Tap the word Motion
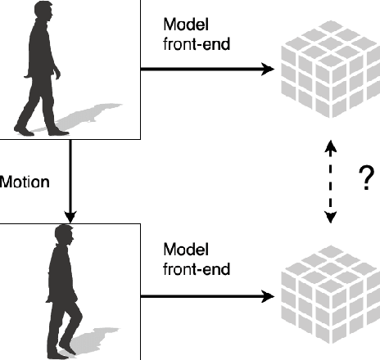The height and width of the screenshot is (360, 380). point(25,182)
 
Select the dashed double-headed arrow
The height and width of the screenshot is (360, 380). point(330,182)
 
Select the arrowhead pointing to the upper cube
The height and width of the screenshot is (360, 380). point(266,70)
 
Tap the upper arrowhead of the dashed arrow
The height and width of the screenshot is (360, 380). point(330,148)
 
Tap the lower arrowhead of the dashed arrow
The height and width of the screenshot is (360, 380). point(330,217)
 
